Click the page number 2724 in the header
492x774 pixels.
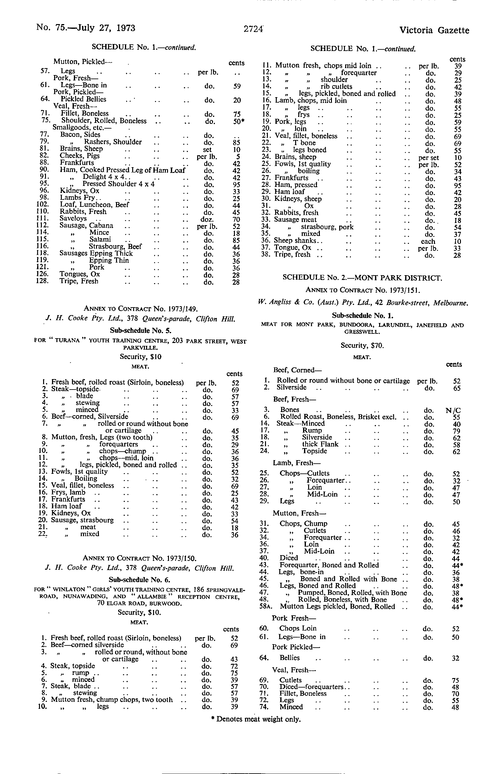click(x=254, y=29)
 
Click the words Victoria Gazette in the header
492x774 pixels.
click(x=434, y=30)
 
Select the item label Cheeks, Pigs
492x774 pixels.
click(x=80, y=156)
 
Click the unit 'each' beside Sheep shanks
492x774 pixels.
click(x=428, y=241)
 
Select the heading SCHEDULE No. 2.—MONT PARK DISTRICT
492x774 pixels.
click(x=362, y=278)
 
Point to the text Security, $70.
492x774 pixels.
click(x=362, y=346)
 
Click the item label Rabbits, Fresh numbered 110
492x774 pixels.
click(x=83, y=212)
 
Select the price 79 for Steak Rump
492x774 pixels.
click(x=456, y=431)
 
